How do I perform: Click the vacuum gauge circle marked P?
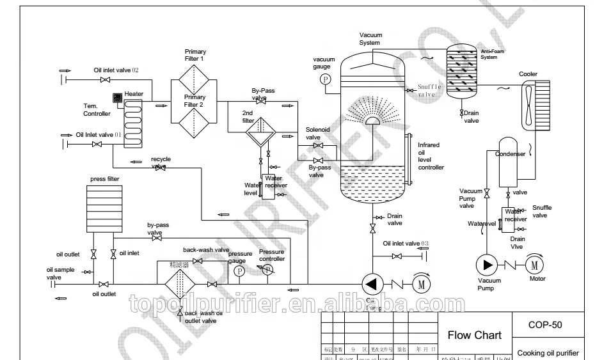click(x=324, y=79)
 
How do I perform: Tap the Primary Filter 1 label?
click(x=194, y=55)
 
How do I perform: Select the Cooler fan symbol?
click(x=529, y=106)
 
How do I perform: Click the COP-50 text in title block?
click(x=545, y=324)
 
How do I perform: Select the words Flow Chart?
click(x=474, y=335)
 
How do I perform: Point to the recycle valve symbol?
click(x=161, y=168)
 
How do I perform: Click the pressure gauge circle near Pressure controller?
click(x=239, y=271)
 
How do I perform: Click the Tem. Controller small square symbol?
click(x=118, y=98)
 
